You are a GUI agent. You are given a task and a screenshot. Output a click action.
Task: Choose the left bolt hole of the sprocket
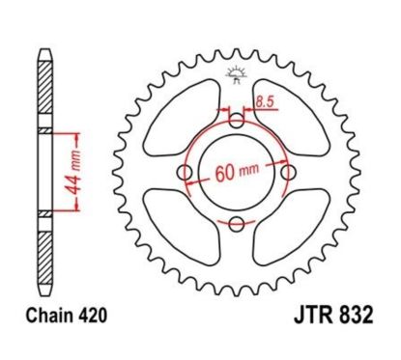click(185, 173)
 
